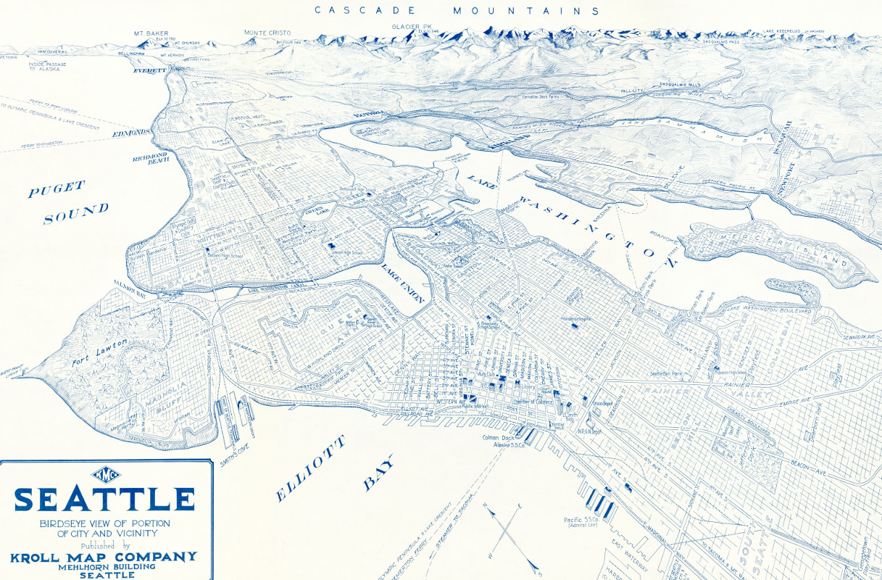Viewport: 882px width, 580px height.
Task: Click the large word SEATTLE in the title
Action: tap(105, 500)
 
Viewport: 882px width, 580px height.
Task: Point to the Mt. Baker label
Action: tap(151, 33)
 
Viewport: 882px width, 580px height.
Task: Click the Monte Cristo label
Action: tap(268, 33)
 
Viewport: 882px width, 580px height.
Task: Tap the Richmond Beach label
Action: tap(150, 158)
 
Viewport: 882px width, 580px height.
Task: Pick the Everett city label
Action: tap(150, 71)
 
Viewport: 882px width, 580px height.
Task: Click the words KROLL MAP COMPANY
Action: tap(104, 557)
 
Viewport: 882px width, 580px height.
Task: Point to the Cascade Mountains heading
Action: tap(457, 11)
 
